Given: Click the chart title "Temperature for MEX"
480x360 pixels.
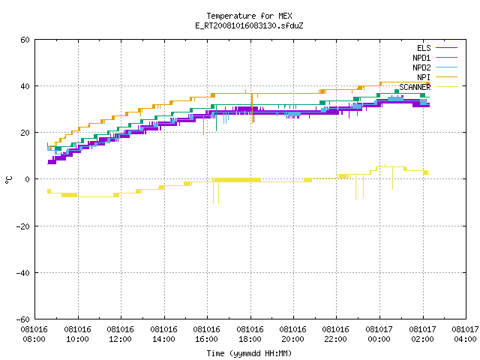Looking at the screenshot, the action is tap(249, 16).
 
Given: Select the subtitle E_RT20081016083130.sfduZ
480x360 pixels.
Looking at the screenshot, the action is tap(249, 25).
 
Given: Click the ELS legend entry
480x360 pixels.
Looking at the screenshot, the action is tap(424, 48).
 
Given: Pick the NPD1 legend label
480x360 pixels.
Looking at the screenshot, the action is tap(421, 58).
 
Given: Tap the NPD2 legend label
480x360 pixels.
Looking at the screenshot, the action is tap(421, 67).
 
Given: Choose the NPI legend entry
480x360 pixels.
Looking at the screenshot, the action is tap(424, 77).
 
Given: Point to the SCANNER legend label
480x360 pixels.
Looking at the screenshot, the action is tap(415, 87).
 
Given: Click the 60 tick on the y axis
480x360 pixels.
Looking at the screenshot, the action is tap(25, 40).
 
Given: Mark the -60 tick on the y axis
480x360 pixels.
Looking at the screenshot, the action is tap(23, 319).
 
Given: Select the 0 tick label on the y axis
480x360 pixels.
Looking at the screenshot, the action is tap(28, 179).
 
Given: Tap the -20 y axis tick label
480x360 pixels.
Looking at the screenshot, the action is tap(23, 226).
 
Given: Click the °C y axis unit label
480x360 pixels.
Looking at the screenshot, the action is tap(9, 180).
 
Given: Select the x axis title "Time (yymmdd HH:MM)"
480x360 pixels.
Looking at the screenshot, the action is tap(249, 353).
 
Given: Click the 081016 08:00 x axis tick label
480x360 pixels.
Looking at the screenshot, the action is tap(34, 334).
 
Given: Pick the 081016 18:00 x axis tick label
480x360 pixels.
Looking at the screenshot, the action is tap(250, 334).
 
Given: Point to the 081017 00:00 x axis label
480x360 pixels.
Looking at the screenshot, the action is tap(379, 334).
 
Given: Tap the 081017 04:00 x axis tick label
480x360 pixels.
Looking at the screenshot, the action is tap(465, 334).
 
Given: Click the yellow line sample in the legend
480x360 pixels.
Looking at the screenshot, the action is tap(446, 87).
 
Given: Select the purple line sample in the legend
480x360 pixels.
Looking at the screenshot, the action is tap(446, 48).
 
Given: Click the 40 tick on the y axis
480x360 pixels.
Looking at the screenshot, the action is tap(25, 86).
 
